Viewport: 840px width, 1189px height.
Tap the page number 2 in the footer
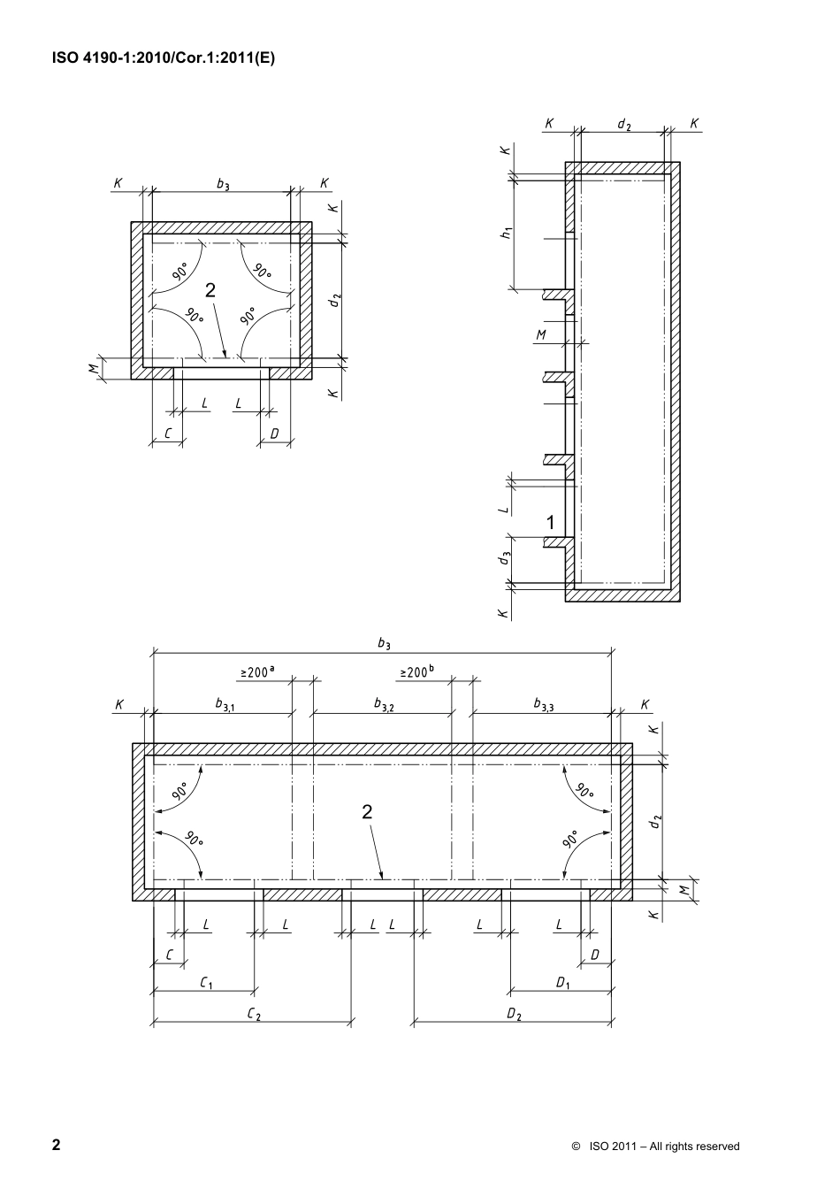(x=57, y=1145)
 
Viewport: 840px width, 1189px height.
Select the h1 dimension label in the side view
(x=506, y=233)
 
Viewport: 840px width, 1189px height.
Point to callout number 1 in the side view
(x=550, y=523)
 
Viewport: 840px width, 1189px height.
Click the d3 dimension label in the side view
(x=505, y=558)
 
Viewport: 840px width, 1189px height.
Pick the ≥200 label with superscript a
(x=256, y=672)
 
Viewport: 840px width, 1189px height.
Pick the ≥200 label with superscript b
(x=416, y=672)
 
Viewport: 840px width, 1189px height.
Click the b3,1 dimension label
(x=224, y=705)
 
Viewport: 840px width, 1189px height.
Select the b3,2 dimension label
(x=384, y=705)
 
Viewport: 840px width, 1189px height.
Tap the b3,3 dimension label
(x=543, y=705)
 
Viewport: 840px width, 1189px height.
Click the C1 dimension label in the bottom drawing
(x=206, y=982)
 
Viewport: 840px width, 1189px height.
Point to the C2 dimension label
(x=253, y=1014)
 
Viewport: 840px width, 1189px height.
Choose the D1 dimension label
(x=562, y=982)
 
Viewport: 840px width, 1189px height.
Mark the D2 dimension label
(x=514, y=1014)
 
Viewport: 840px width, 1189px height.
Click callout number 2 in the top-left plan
(x=210, y=290)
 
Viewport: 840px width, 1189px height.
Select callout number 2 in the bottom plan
(x=367, y=812)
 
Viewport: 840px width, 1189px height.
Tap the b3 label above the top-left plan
(x=223, y=184)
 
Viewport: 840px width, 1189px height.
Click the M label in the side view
(x=541, y=335)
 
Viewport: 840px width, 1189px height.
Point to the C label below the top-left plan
(x=166, y=433)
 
